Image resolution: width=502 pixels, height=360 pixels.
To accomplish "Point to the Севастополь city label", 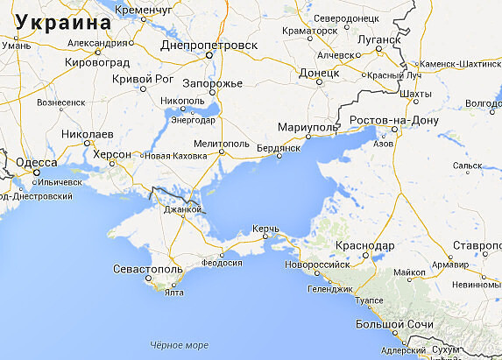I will [x=147, y=268].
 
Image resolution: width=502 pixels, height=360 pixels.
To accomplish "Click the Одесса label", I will [x=37, y=162].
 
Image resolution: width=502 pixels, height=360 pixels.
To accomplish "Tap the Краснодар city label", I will [x=363, y=245].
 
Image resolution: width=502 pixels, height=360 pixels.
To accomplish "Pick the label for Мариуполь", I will [x=307, y=128].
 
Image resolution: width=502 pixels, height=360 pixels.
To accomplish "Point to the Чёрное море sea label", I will [x=179, y=345].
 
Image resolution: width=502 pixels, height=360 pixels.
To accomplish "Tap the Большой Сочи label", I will [x=394, y=325].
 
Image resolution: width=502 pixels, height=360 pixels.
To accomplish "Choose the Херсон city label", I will [x=111, y=154].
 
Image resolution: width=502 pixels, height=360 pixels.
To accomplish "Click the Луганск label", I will [x=378, y=39].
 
